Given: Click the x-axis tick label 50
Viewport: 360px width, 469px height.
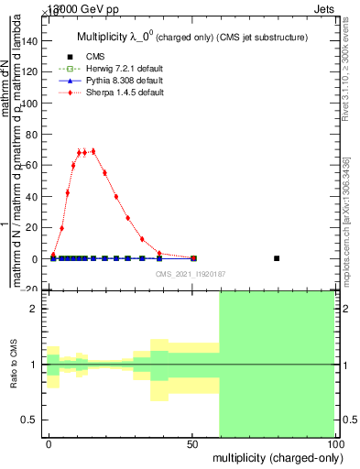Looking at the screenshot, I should (191, 444).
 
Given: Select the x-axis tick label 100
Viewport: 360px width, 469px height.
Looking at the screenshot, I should (334, 444).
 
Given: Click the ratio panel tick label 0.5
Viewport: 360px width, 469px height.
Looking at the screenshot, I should (31, 420).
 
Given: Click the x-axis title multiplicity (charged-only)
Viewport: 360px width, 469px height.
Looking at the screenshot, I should (273, 456).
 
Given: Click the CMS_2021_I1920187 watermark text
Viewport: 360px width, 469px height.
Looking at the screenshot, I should (190, 274).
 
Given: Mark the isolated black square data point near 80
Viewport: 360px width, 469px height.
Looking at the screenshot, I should (277, 258).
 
